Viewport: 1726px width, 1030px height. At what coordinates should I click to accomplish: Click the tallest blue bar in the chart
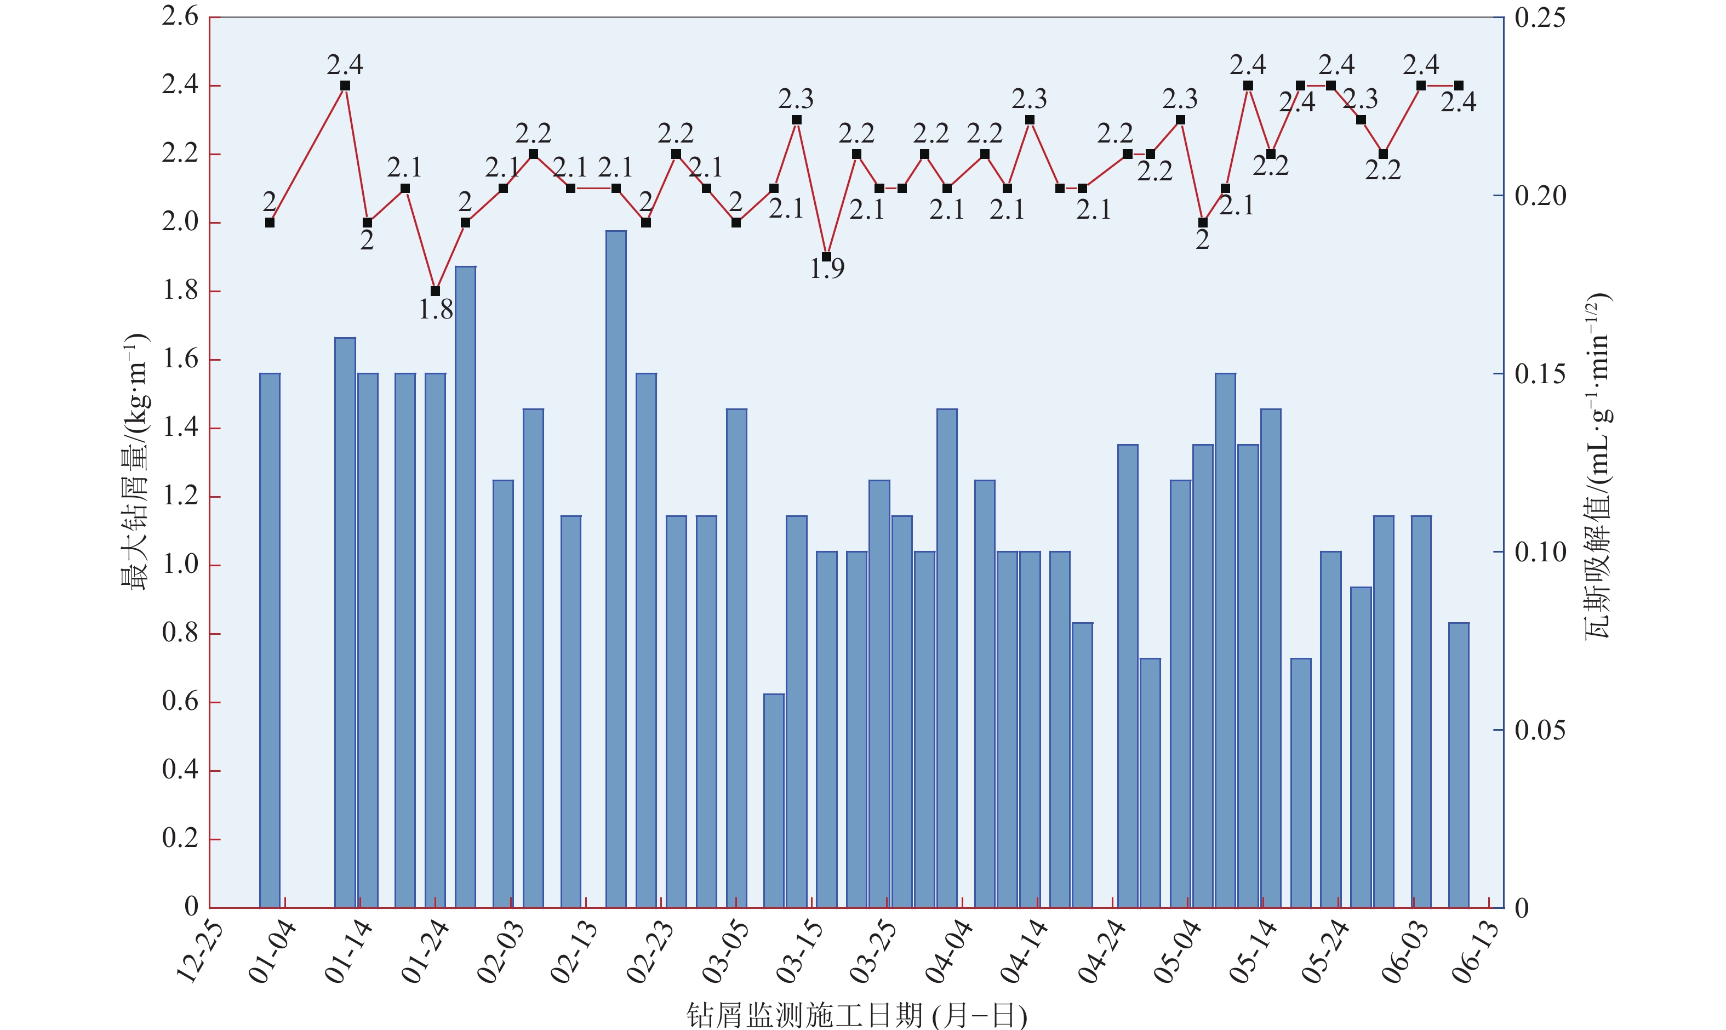coord(615,569)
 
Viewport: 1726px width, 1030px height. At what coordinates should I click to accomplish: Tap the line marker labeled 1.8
coord(435,291)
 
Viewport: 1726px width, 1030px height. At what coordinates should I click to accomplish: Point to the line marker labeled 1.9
coord(826,257)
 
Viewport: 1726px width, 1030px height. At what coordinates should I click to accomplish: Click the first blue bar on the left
coord(270,640)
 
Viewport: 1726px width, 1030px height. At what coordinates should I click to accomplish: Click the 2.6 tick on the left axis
coord(180,16)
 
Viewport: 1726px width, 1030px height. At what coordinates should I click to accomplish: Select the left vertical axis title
coord(135,462)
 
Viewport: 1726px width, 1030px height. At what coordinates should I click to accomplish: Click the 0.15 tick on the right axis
coord(1539,374)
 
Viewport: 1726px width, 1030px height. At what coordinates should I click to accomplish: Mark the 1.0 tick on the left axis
coord(180,564)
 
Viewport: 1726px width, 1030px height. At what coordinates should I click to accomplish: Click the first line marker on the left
coord(270,222)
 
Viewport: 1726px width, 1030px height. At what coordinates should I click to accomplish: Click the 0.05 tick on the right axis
coord(1539,730)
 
